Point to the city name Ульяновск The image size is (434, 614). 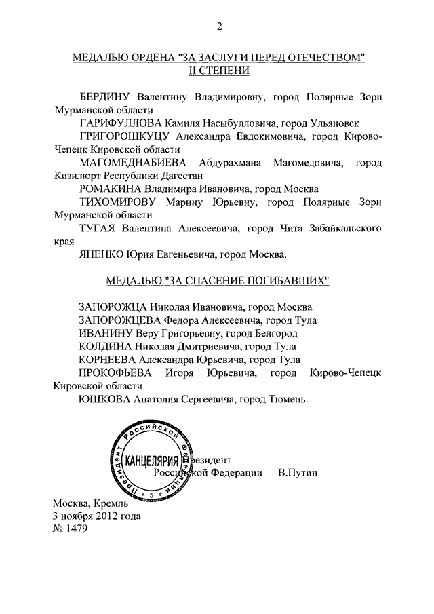tap(334, 123)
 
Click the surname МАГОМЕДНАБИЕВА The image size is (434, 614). tap(135, 162)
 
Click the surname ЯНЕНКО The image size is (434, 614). tap(102, 255)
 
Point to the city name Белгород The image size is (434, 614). tap(273, 333)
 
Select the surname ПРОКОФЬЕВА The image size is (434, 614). tap(117, 373)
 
